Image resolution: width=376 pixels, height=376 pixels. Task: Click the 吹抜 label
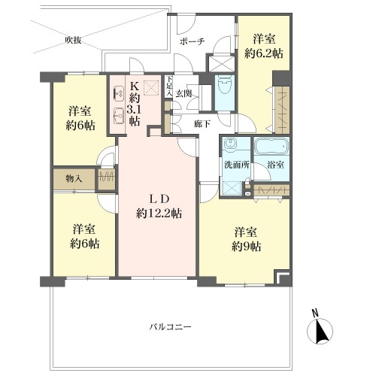[73, 40]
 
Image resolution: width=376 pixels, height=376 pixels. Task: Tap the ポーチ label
[193, 41]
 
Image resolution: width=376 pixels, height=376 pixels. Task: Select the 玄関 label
[183, 93]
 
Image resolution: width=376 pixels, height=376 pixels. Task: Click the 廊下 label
[202, 123]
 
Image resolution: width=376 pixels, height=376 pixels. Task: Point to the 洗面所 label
[236, 165]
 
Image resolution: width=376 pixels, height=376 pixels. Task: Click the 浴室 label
[275, 165]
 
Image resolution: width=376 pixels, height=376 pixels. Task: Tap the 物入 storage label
[74, 179]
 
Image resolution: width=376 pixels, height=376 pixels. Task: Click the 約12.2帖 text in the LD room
[159, 214]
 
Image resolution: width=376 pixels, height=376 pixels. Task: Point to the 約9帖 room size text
[246, 247]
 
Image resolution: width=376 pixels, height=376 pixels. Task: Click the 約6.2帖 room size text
[264, 53]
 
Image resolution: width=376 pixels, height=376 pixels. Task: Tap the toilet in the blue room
[225, 85]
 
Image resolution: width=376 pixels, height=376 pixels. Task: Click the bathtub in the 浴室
[271, 146]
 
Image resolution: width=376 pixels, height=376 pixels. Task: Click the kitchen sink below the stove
[119, 116]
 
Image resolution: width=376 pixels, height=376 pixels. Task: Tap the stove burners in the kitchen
[119, 93]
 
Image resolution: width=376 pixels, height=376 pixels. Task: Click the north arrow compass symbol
[320, 331]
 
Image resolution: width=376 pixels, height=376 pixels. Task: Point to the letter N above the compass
[315, 313]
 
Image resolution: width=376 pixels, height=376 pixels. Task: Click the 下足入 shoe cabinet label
[170, 86]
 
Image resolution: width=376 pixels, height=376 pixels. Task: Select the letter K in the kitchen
[135, 86]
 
